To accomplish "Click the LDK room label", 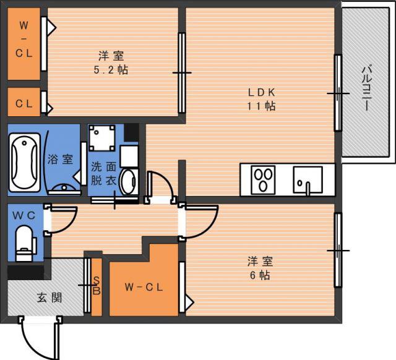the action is tap(261, 93).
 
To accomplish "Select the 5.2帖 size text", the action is tap(111, 70).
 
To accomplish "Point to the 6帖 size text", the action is tap(260, 275).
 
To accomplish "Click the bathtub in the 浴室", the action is tap(25, 162).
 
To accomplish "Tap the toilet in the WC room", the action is tap(24, 243).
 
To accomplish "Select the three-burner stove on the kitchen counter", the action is tap(263, 180).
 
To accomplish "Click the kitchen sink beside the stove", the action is tap(308, 180).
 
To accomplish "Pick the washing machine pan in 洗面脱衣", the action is tap(102, 138).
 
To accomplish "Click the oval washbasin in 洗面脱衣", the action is tap(129, 182).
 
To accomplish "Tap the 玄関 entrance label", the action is tap(49, 298).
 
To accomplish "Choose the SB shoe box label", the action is tap(97, 286).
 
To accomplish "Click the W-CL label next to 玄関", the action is tap(144, 287).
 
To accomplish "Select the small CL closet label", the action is tap(24, 103).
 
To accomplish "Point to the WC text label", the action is tap(24, 215).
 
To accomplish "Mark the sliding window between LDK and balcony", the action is tap(338, 93).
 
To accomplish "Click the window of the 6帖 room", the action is tap(338, 250).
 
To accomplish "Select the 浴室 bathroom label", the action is tap(60, 160).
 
